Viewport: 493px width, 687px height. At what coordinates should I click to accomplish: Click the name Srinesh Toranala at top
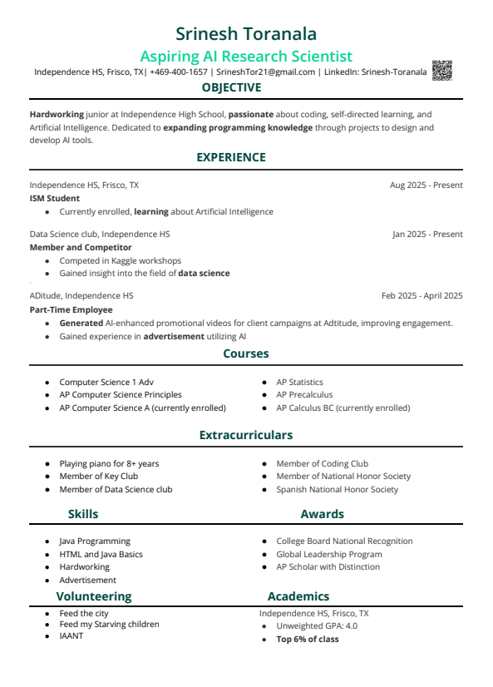pos(246,33)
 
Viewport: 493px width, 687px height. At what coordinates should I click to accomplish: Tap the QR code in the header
pos(441,71)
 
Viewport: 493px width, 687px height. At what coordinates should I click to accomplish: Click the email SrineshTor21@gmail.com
pos(265,72)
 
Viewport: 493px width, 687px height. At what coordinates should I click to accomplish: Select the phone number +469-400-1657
pos(179,72)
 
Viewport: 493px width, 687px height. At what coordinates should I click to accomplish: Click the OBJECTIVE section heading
pos(231,88)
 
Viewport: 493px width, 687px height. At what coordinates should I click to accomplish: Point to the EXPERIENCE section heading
pos(231,157)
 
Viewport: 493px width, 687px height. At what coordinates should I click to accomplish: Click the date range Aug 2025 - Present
pos(426,185)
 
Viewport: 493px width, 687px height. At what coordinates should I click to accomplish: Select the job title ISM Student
pos(55,199)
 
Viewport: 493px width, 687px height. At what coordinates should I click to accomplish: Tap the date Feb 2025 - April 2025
pos(422,296)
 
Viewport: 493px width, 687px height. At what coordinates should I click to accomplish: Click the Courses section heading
pos(245,353)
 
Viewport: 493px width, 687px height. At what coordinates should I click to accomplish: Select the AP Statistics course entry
pos(299,383)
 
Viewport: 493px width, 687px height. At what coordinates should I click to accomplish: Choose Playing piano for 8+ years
pos(109,464)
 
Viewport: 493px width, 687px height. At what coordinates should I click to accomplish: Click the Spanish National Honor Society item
pos(337,490)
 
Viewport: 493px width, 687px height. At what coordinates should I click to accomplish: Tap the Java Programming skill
pos(95,541)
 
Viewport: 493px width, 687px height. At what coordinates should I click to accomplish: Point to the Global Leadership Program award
pos(329,555)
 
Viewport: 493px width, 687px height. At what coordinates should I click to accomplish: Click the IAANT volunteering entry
pos(71,636)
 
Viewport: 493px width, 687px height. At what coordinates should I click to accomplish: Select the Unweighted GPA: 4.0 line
pos(317,626)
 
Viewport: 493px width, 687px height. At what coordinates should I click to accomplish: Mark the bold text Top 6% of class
pos(308,640)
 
